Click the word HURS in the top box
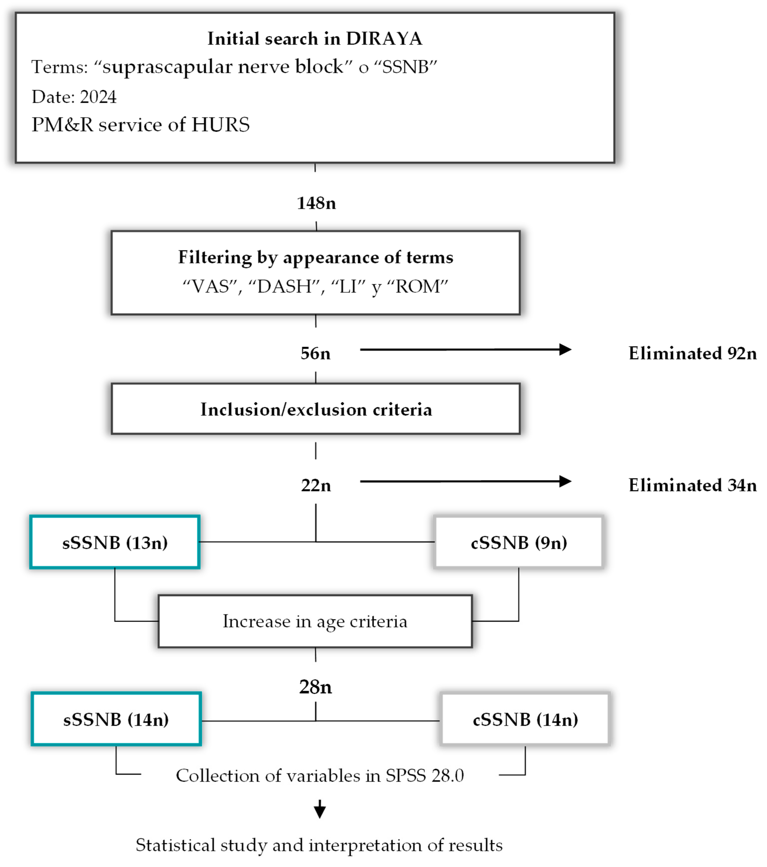[220, 125]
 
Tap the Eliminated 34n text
[692, 485]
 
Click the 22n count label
[316, 485]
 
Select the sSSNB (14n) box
[116, 720]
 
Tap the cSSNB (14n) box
[525, 720]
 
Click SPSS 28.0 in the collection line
[424, 776]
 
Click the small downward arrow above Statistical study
[320, 809]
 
